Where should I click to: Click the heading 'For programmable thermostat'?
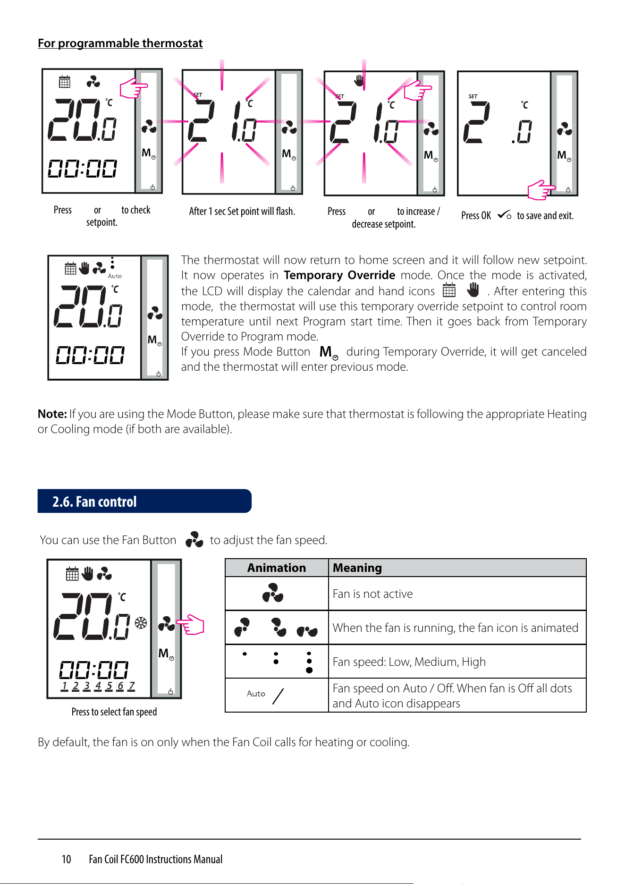coord(120,43)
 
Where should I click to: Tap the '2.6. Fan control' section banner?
coord(144,501)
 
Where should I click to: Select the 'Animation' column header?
coord(277,568)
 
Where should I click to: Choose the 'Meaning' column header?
coord(357,568)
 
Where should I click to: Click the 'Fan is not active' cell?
coord(372,594)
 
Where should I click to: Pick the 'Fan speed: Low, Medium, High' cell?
coord(409,662)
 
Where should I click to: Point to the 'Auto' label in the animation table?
coord(256,694)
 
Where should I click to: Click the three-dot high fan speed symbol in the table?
coord(309,662)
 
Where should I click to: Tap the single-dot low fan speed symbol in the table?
coord(245,654)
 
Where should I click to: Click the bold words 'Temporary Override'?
coord(339,275)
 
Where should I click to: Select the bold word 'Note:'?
coord(52,414)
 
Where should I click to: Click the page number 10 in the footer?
coord(66,859)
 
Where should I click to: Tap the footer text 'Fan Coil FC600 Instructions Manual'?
coord(156,859)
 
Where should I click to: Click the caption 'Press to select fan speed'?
coord(114,712)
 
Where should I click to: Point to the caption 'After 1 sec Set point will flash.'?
coord(242,211)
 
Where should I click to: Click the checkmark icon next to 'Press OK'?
coord(504,214)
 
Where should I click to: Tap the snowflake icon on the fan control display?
coord(141,623)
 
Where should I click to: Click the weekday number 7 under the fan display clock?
coord(131,686)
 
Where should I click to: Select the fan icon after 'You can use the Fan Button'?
coord(194,539)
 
